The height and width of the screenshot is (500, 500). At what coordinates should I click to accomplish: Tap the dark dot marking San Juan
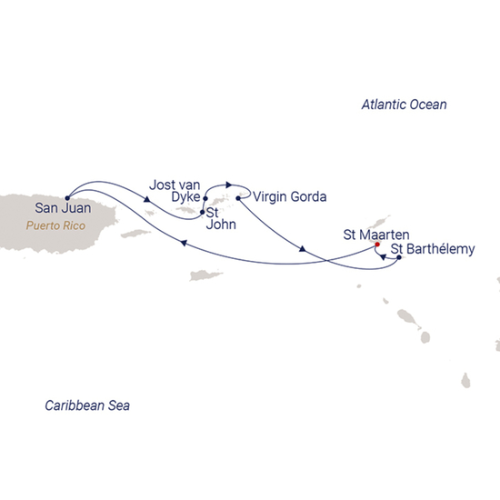point(68,191)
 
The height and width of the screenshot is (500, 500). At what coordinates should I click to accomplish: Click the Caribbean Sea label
point(87,405)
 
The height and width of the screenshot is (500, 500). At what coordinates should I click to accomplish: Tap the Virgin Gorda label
point(290,195)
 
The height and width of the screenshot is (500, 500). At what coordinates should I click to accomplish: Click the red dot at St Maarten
point(376,245)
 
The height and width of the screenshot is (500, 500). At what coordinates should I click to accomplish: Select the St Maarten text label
point(370,234)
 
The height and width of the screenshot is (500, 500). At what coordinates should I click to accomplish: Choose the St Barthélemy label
point(432,249)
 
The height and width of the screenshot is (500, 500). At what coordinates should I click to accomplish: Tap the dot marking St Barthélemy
point(399,258)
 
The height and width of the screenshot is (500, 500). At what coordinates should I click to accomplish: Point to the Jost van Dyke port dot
point(206,199)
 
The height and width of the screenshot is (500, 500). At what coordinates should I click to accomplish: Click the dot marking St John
point(201,213)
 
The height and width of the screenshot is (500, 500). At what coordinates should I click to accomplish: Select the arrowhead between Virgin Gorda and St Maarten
point(301,248)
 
